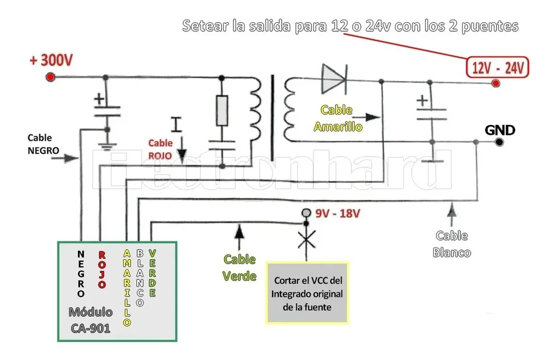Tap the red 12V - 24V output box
coord(498,68)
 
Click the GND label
coord(500,130)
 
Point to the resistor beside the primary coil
coord(222,110)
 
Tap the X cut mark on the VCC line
coord(306,241)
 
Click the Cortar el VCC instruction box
coord(307,293)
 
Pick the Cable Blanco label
coord(451,244)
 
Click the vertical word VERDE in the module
coord(152,274)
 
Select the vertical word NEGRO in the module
coord(81,274)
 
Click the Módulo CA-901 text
coord(90,320)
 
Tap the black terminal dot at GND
coord(500,142)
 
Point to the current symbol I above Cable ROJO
coord(177,124)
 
